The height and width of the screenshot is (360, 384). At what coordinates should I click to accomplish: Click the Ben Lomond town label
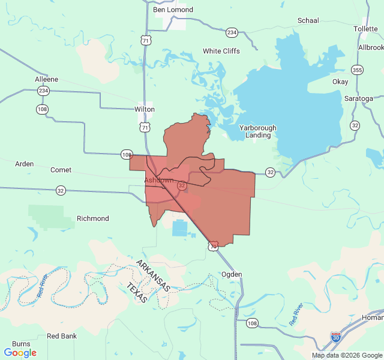click(173, 10)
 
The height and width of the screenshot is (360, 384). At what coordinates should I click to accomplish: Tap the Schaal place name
click(308, 20)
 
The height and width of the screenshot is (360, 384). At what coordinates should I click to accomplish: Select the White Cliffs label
click(221, 51)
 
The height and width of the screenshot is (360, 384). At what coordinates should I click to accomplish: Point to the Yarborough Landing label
click(258, 131)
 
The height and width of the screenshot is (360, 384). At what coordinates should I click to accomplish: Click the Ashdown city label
click(158, 180)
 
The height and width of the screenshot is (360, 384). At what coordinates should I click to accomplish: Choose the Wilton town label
click(145, 109)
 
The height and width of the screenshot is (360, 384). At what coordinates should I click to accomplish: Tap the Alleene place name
click(46, 79)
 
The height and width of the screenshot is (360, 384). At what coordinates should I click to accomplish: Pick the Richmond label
click(92, 218)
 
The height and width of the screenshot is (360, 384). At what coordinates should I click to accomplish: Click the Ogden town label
click(232, 274)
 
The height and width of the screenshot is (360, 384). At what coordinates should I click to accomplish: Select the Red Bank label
click(62, 336)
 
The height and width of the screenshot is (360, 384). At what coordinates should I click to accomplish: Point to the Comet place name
click(61, 170)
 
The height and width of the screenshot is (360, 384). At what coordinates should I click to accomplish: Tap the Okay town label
click(340, 82)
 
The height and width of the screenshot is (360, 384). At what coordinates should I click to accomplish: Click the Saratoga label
click(358, 98)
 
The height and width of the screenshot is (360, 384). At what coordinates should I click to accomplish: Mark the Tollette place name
click(365, 29)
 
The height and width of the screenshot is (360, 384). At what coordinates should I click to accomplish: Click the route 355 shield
click(357, 70)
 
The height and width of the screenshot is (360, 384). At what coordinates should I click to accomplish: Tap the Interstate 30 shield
click(336, 337)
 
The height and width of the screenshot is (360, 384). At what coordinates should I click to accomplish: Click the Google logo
click(20, 353)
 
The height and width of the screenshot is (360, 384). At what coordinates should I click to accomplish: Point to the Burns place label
click(21, 344)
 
